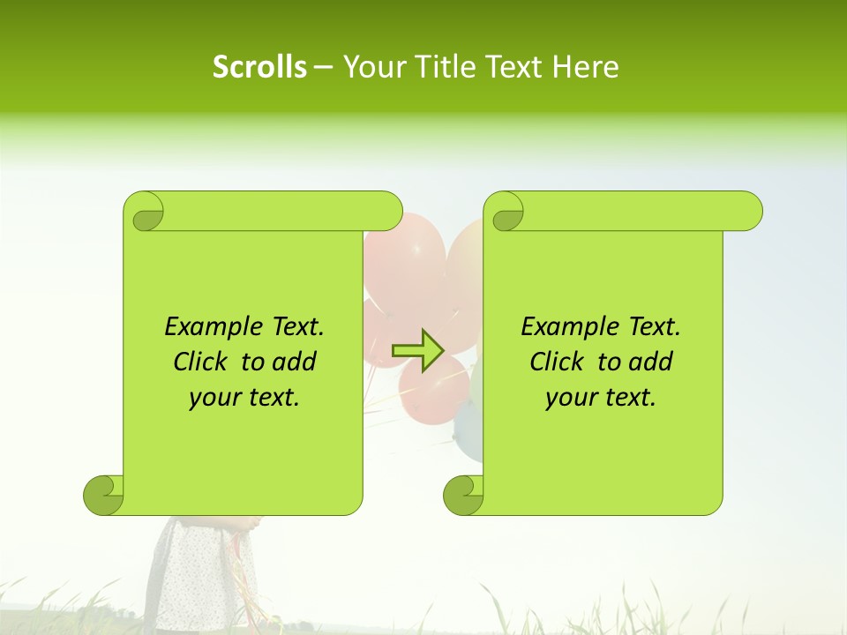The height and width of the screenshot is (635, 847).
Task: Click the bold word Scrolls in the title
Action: tap(259, 67)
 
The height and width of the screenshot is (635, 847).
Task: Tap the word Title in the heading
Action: tap(439, 67)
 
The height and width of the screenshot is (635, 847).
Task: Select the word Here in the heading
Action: tap(585, 67)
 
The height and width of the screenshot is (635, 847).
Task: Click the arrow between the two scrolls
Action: tap(417, 351)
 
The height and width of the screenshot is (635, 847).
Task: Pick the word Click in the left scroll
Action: tap(202, 362)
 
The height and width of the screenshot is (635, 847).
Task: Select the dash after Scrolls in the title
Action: tap(324, 67)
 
